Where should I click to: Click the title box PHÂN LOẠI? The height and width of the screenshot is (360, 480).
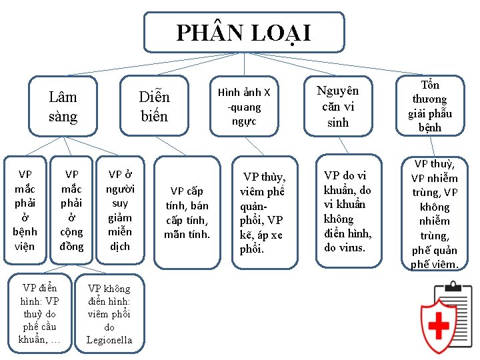click(244, 32)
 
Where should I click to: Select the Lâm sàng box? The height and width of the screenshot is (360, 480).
click(63, 107)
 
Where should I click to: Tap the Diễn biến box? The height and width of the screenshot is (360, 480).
click(155, 107)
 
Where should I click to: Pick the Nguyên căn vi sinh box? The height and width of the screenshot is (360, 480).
click(337, 107)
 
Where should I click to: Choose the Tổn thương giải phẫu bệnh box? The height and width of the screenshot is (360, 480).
click(430, 106)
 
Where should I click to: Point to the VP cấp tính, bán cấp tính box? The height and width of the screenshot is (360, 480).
click(187, 212)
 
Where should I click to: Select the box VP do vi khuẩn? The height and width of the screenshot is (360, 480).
click(347, 212)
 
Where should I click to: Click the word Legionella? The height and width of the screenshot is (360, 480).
click(109, 340)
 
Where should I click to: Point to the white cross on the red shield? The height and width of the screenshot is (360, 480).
click(438, 326)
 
